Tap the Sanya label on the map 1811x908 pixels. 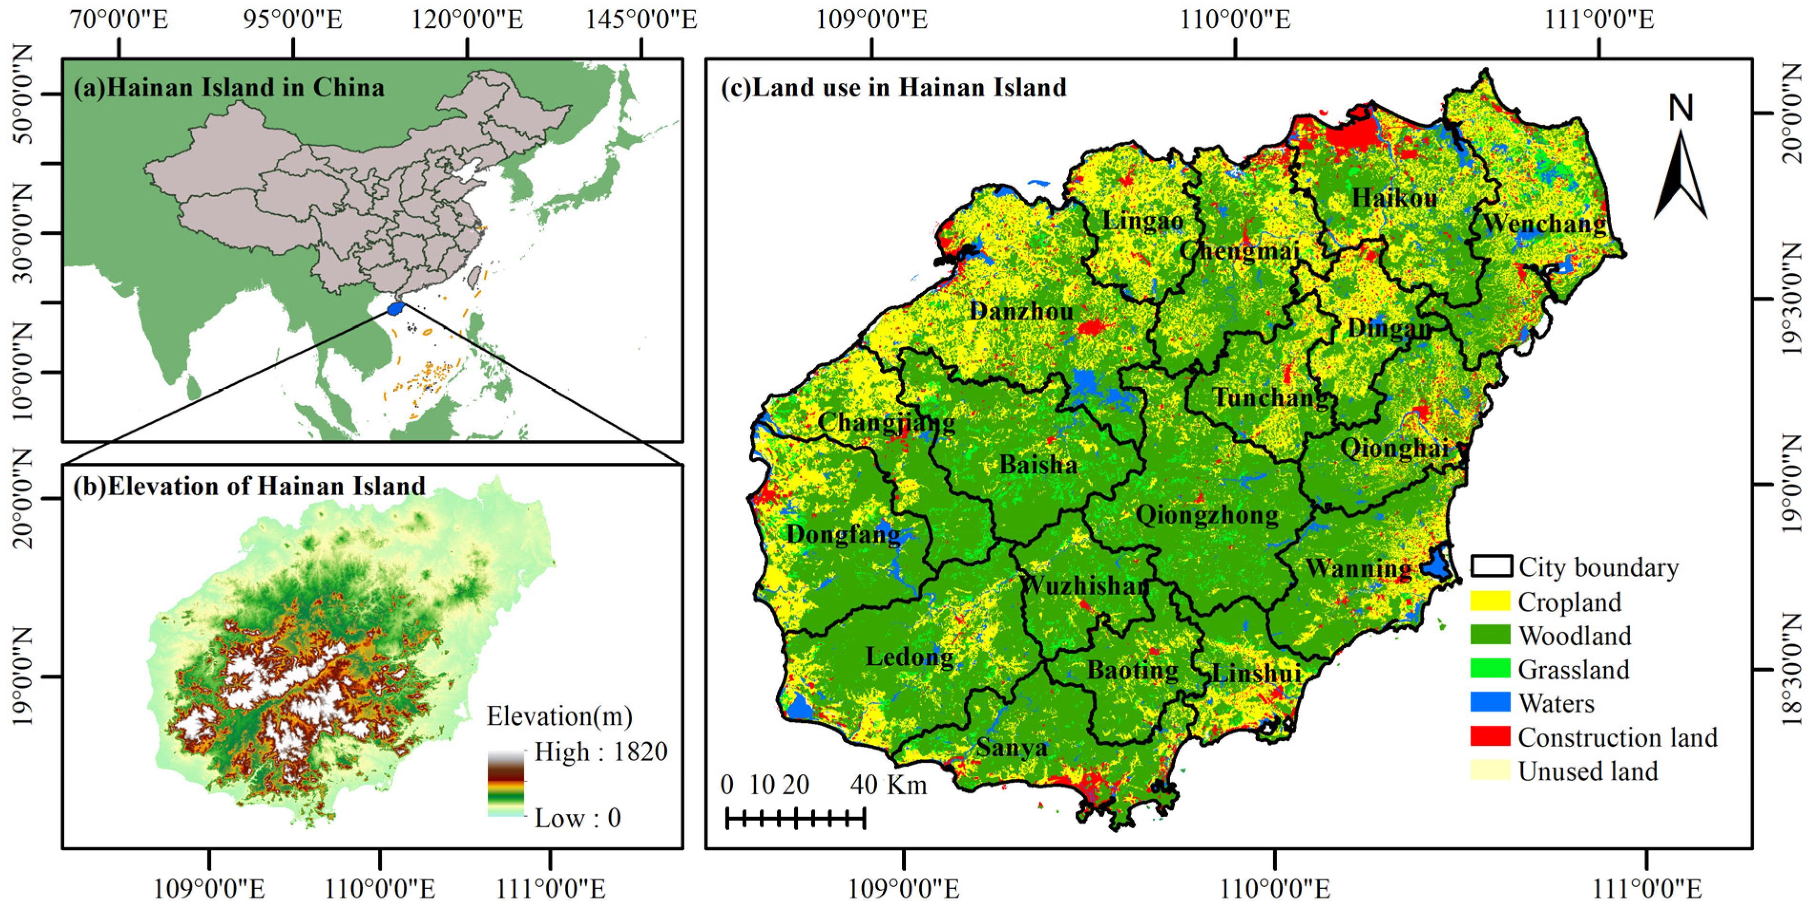(1012, 747)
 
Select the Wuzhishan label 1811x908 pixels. (1084, 585)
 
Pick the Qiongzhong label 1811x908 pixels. (1207, 515)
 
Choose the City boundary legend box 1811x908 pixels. (1490, 566)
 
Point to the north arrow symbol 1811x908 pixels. (1681, 172)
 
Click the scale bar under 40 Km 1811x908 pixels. (795, 818)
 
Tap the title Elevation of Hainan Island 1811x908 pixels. (250, 486)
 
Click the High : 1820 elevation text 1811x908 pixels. (600, 752)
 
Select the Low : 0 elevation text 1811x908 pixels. (577, 818)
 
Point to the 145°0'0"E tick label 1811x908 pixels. (641, 20)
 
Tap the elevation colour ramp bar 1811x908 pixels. (505, 783)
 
